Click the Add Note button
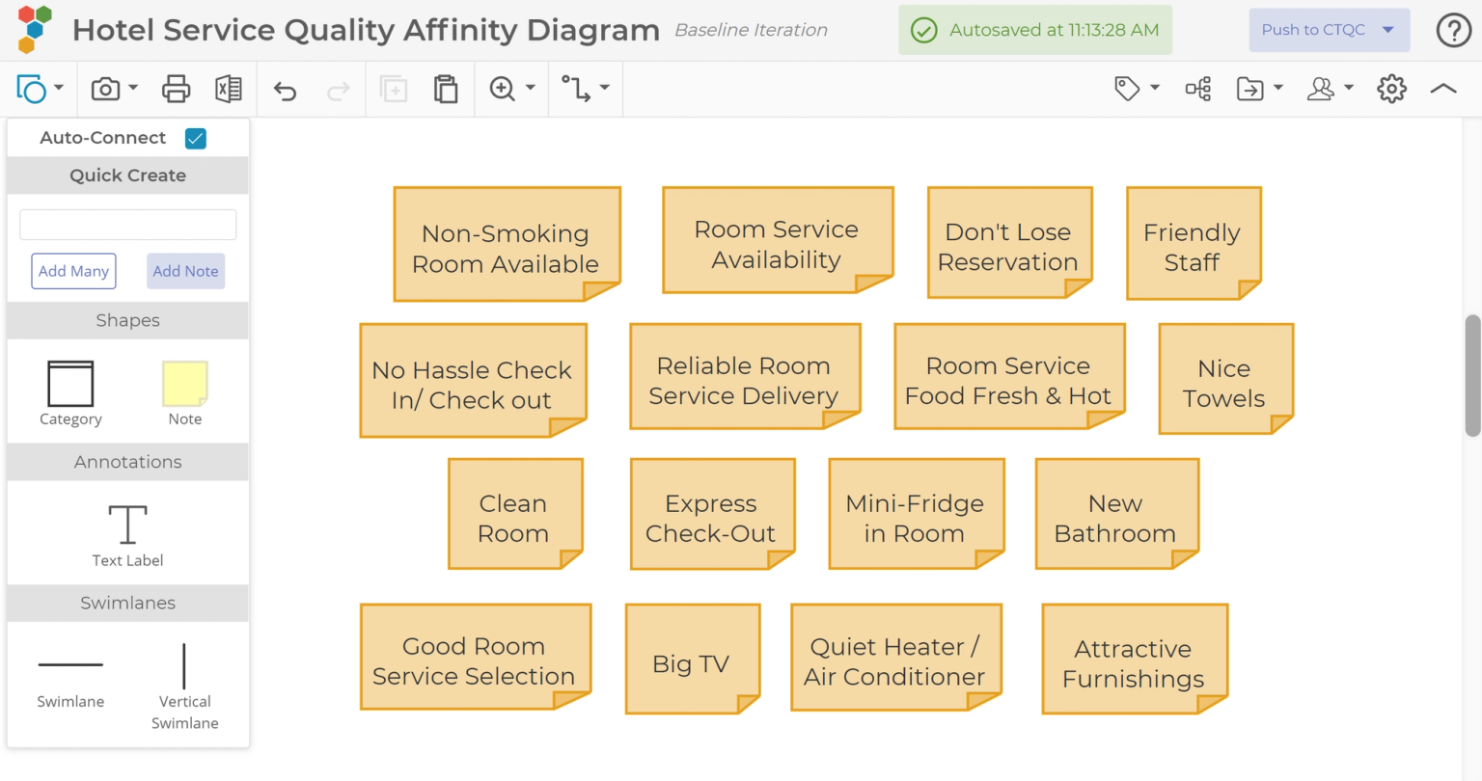coord(186,271)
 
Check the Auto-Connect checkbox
coord(196,138)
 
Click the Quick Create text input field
coord(128,225)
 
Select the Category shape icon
coord(70,384)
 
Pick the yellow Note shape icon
coord(185,384)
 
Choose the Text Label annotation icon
coord(127,525)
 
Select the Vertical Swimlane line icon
coord(184,666)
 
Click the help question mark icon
coord(1453,30)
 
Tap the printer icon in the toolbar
coord(176,89)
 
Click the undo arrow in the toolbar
coord(285,90)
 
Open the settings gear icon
coord(1391,89)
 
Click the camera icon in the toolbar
coord(105,89)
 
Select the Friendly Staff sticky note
coord(1193,244)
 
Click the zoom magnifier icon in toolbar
coord(503,89)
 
